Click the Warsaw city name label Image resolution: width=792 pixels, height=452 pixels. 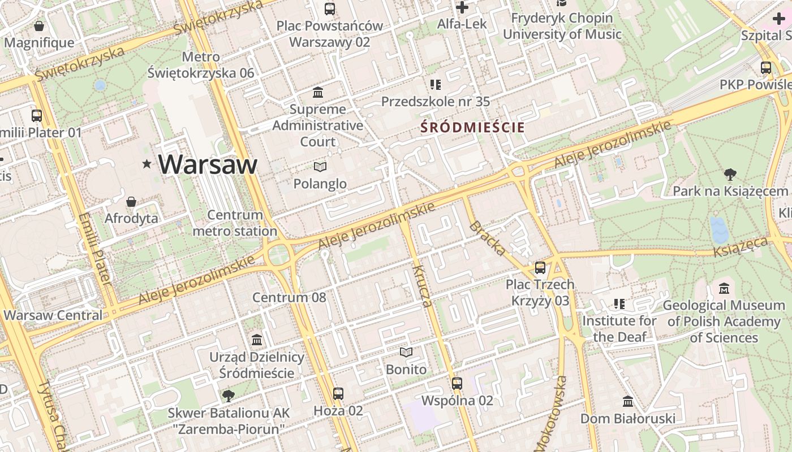coord(208,164)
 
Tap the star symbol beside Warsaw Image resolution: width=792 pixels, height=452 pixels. coord(147,164)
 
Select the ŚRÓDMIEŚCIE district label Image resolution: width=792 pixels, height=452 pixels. coord(473,128)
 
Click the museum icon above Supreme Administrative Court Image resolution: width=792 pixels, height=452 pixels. coord(318,92)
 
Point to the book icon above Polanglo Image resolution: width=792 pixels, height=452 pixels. coord(320,167)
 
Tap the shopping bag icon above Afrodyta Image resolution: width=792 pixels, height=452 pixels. coord(131,202)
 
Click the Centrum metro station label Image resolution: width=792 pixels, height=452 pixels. coord(235,223)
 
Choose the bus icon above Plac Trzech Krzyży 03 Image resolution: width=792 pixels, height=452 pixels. coord(540,268)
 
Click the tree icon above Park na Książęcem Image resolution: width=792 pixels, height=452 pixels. coord(730,175)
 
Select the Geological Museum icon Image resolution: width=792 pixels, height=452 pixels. coord(724,289)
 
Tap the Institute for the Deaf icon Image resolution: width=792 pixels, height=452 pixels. coord(619,304)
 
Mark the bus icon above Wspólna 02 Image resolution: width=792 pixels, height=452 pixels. coord(457,384)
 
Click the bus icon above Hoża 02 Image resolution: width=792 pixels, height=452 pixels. coord(338,394)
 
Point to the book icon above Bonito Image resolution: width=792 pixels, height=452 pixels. coord(406,353)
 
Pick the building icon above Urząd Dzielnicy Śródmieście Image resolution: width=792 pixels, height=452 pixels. coord(257,340)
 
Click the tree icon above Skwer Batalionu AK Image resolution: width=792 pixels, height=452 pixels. coord(229,395)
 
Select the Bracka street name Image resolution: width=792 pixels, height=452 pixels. coord(487,238)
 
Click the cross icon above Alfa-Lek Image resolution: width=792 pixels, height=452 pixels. coord(462,7)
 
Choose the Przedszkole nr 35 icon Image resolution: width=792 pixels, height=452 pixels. coord(436,85)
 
